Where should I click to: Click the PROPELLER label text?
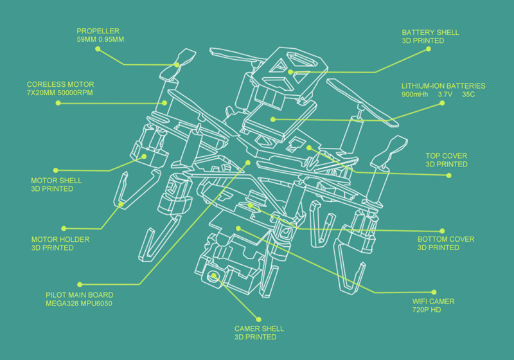click(98, 31)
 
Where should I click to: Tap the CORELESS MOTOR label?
click(60, 85)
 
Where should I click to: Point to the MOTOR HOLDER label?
click(60, 239)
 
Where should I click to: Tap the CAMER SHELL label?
click(259, 328)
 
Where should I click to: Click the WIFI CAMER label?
click(433, 301)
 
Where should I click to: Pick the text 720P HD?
click(427, 310)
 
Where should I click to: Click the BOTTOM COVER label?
click(446, 239)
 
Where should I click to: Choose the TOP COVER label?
click(447, 156)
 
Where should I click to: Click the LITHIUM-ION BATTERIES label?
click(443, 85)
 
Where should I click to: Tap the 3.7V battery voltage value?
click(445, 94)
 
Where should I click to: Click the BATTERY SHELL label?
click(430, 32)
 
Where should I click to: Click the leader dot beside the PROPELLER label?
click(98, 48)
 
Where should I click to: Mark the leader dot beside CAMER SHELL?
click(259, 318)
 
